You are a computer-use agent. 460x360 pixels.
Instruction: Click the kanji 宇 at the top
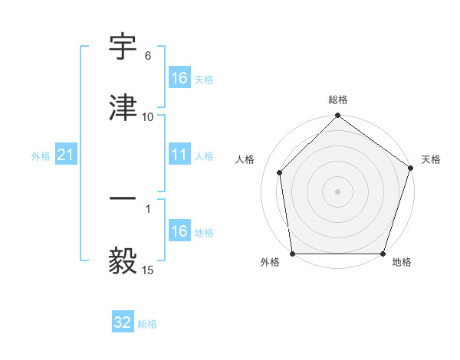pos(123,48)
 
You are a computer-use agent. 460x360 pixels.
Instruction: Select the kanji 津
pos(123,107)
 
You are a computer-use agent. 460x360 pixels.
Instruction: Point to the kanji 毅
pos(123,260)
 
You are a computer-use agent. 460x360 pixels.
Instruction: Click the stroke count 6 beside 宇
pos(148,56)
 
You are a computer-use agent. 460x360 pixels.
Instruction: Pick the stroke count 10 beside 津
pos(148,116)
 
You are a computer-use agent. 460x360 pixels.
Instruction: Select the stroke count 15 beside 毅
pos(148,270)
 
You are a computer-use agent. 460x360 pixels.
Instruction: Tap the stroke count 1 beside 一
pos(148,208)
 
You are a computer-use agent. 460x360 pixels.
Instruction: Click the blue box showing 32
pos(123,322)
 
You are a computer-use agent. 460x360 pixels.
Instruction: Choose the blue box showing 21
pos(66,155)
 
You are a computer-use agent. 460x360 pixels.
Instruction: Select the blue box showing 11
pos(179,155)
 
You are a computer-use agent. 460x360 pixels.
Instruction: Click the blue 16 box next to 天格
pos(179,78)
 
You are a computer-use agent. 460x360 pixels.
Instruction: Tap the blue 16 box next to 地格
pos(179,231)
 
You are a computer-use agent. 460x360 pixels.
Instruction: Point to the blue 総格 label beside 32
pos(147,324)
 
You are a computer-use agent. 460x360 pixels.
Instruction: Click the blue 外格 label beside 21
pos(41,156)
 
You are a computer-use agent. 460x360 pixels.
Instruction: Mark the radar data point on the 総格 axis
pos(337,116)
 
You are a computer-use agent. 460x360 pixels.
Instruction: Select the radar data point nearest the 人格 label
pos(280,172)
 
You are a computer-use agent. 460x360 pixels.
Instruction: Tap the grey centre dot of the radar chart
pos(337,191)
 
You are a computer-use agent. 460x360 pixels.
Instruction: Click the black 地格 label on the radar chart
pos(402,262)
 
